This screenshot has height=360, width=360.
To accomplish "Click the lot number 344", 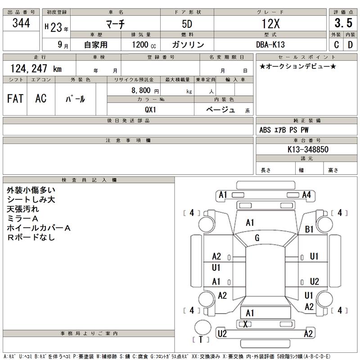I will point(21,23).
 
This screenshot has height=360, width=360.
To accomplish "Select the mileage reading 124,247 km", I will point(36,68).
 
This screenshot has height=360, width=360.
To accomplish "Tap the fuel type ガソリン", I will point(188,45).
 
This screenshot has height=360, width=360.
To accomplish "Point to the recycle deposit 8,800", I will point(139,90).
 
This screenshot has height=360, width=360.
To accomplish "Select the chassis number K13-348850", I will point(308,149).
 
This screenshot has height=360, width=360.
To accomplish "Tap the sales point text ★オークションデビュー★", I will point(298,66).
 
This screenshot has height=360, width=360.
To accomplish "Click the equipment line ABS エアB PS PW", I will point(284,130).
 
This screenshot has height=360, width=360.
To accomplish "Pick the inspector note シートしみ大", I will point(31,200).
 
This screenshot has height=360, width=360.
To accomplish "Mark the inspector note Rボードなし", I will point(31,237).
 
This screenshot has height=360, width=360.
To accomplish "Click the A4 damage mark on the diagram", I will point(307,194).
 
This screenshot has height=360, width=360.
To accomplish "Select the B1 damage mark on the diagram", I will point(309,229).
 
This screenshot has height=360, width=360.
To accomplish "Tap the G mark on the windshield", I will point(257,238).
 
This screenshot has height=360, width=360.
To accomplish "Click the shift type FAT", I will point(15,99).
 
